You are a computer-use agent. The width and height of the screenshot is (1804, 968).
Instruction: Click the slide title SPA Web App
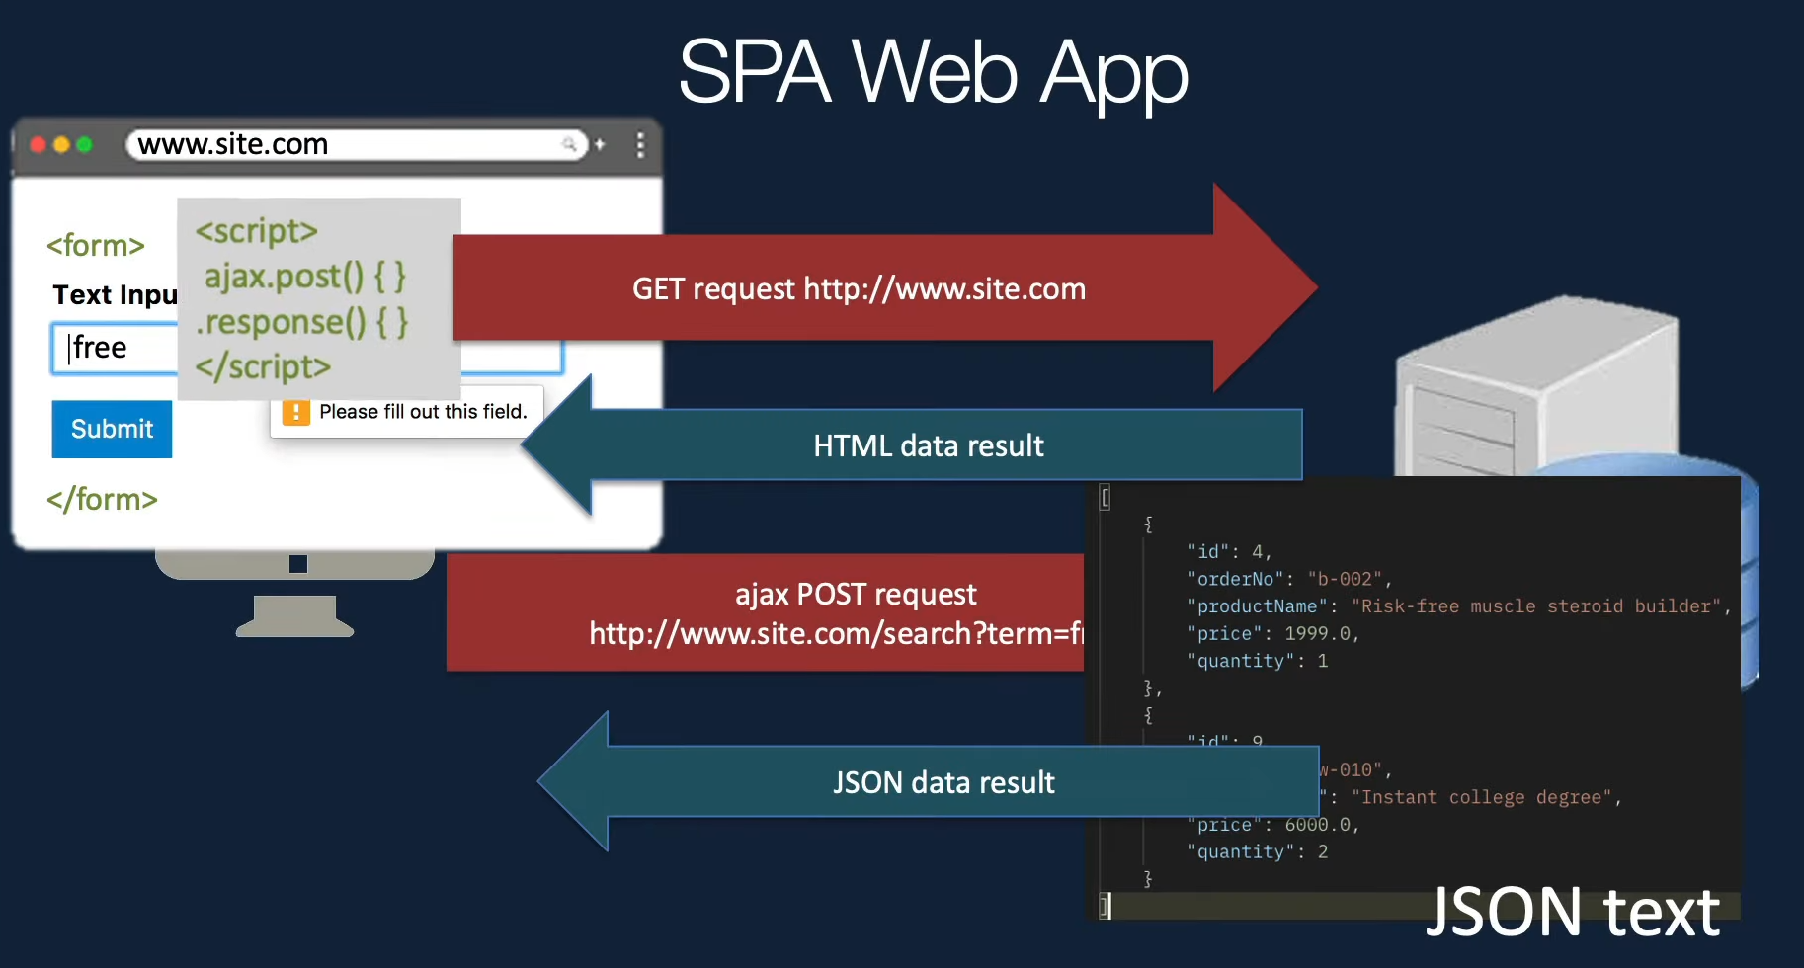click(933, 72)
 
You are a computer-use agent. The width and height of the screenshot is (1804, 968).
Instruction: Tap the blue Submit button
click(112, 429)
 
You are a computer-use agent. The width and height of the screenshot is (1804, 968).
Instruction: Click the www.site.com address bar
click(356, 145)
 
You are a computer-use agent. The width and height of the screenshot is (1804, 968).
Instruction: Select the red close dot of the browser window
click(39, 145)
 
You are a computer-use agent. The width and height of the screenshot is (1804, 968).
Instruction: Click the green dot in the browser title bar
click(85, 145)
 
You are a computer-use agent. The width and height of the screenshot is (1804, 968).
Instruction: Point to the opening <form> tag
click(96, 245)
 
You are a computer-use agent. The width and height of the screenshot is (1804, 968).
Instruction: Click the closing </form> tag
click(102, 499)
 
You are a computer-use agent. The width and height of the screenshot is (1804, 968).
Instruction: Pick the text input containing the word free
click(114, 349)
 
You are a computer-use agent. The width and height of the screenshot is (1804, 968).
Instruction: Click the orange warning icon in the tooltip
click(295, 412)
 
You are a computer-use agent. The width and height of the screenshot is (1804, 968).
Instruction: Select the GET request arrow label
click(859, 288)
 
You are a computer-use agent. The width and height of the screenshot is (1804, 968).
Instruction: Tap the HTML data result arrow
click(928, 445)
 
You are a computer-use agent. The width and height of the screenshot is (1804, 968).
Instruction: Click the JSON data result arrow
click(943, 782)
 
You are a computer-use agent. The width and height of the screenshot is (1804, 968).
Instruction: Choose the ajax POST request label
click(856, 594)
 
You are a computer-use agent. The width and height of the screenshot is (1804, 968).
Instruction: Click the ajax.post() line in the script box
click(305, 277)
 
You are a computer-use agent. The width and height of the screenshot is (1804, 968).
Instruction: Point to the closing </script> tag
click(263, 366)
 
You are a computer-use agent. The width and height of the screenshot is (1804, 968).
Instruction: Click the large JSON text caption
click(1572, 912)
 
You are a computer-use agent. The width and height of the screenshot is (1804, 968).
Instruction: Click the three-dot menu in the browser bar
click(640, 145)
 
